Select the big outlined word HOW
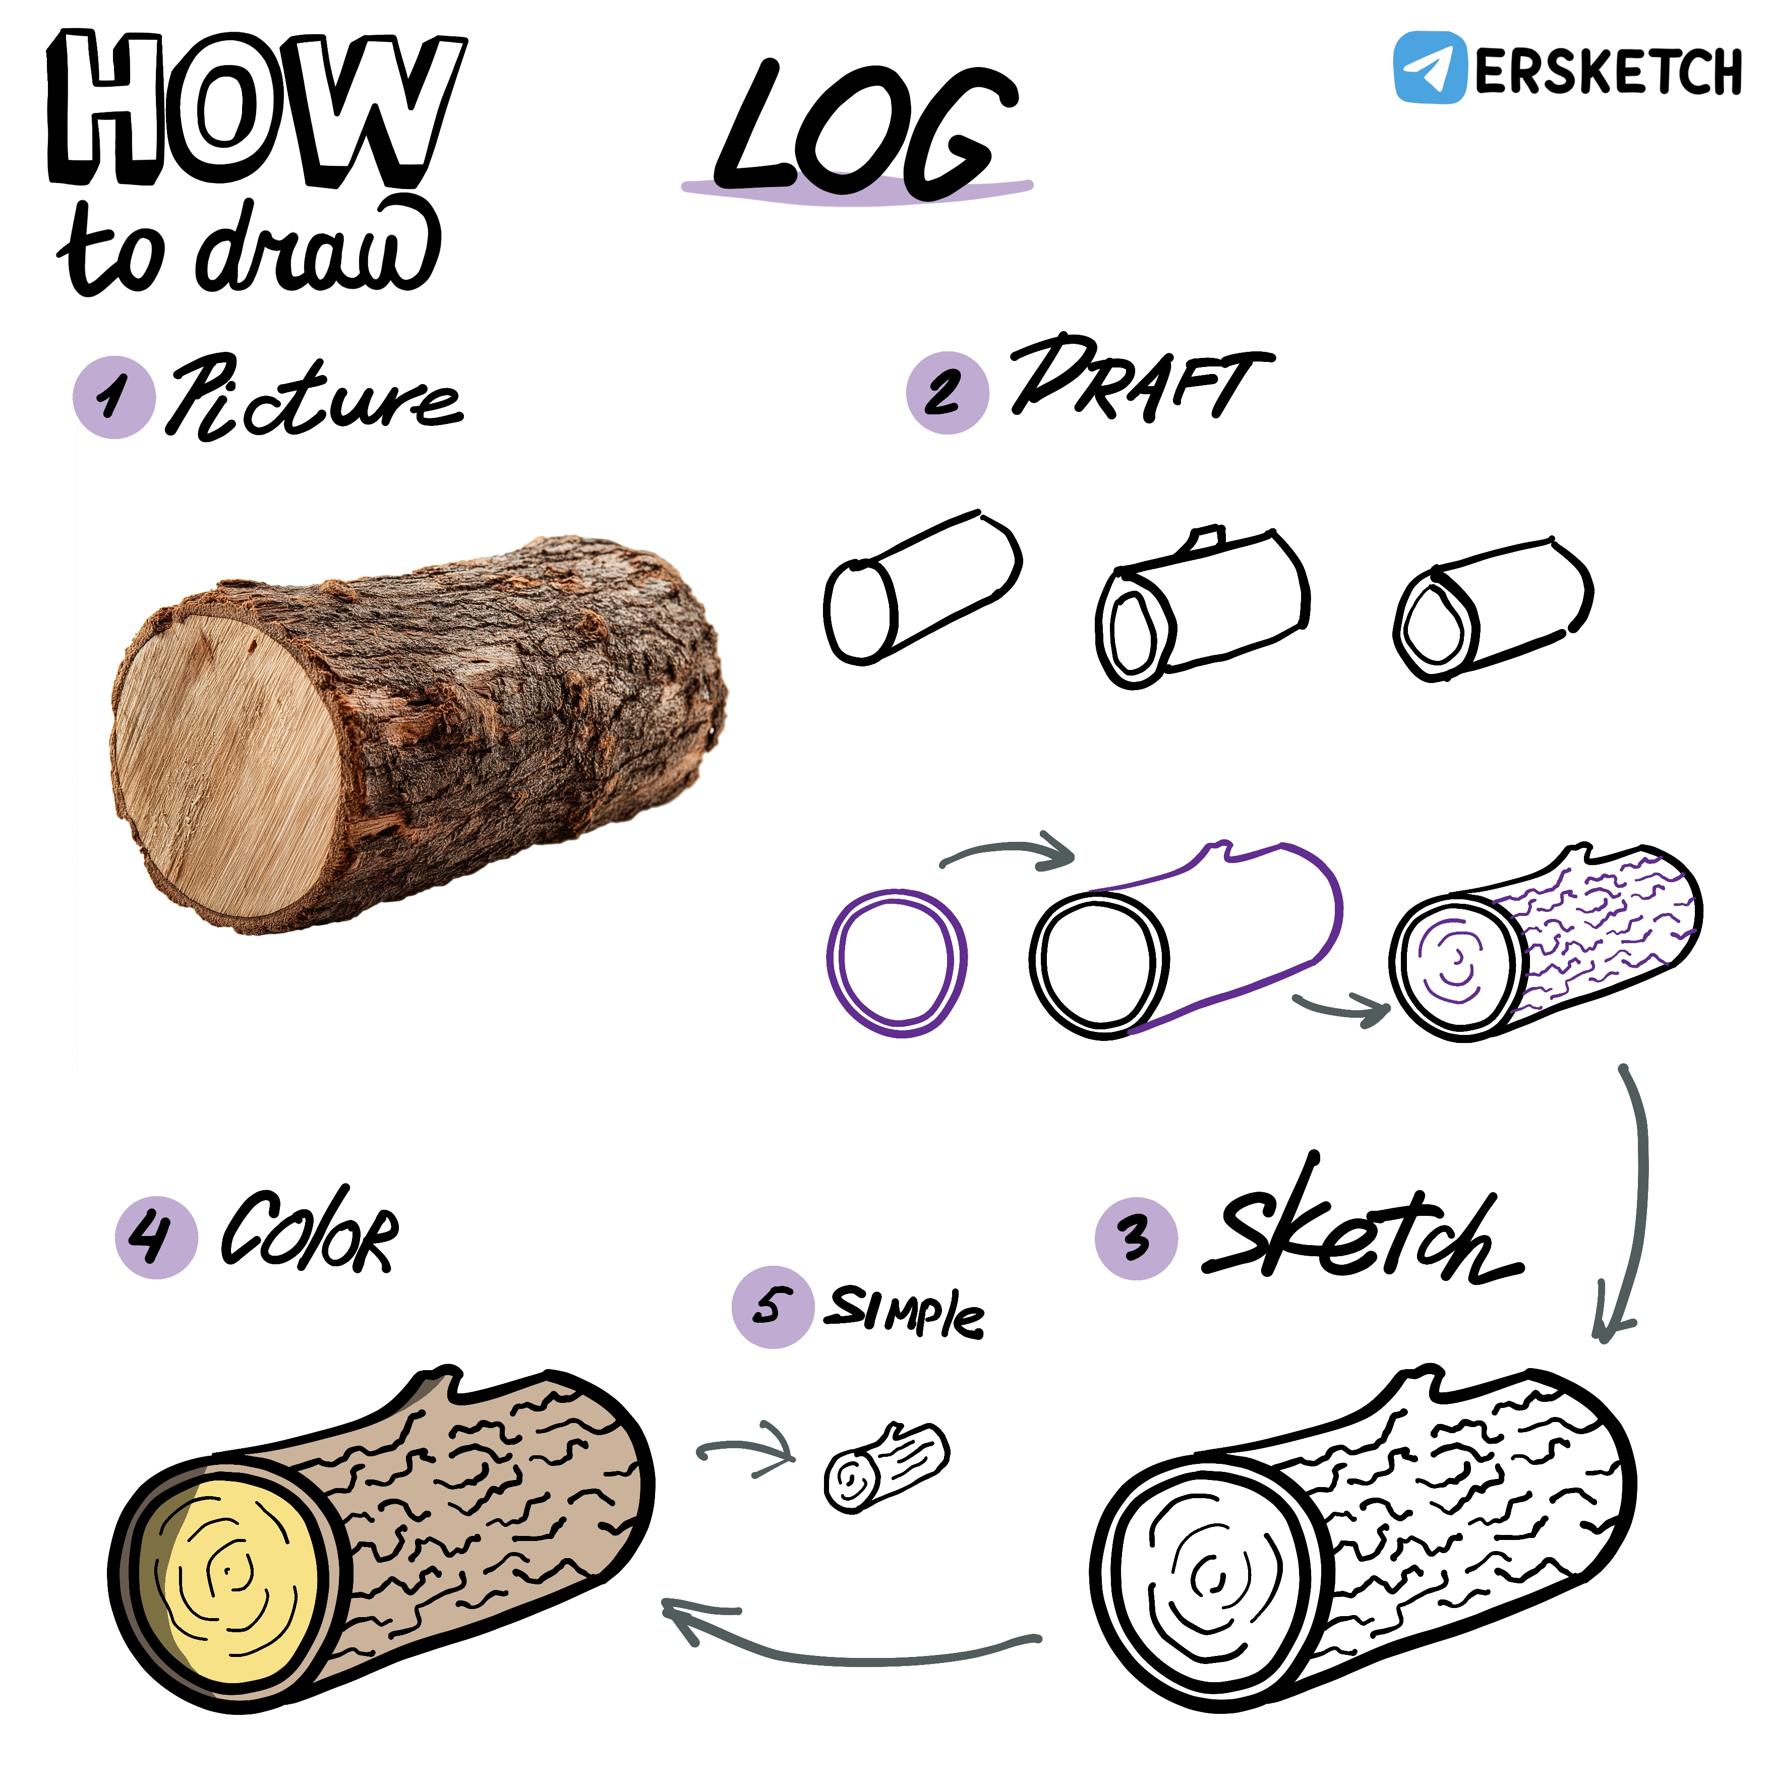[255, 108]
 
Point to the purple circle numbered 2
[948, 393]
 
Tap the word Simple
[905, 1310]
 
